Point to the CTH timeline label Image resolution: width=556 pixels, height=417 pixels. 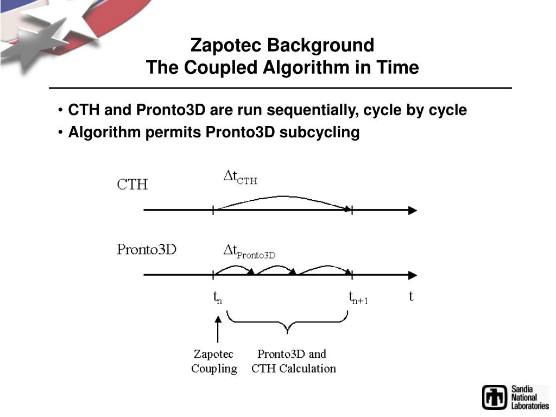click(x=132, y=185)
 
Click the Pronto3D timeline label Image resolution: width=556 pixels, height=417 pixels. click(x=147, y=250)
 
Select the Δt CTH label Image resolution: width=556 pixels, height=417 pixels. click(x=241, y=178)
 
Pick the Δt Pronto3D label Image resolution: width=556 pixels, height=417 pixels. click(x=249, y=252)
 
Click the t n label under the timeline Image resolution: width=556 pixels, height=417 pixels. click(x=217, y=298)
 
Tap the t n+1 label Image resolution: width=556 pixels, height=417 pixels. click(x=358, y=298)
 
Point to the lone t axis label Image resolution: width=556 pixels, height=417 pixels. click(x=411, y=296)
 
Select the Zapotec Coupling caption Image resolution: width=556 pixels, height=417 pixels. click(x=214, y=361)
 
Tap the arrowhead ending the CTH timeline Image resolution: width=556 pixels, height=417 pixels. click(x=413, y=210)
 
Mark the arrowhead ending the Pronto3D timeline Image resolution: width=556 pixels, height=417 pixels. click(x=413, y=275)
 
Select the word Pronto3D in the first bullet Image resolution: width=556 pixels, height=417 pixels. click(x=170, y=110)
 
